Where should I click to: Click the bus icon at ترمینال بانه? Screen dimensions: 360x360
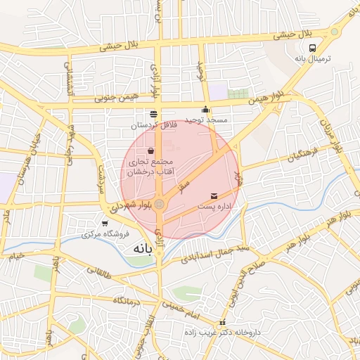click(312, 49)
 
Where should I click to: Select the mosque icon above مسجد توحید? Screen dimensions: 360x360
click(205, 110)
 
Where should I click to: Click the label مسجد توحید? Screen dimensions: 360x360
click(207, 120)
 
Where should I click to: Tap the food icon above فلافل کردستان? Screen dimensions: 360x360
click(153, 114)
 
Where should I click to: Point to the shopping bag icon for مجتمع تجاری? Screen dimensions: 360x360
click(151, 150)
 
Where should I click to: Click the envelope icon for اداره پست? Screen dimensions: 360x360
click(214, 195)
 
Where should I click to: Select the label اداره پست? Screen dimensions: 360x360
click(214, 206)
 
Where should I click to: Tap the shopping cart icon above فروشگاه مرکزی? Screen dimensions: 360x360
click(105, 224)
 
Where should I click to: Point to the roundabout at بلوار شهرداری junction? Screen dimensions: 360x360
click(160, 205)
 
